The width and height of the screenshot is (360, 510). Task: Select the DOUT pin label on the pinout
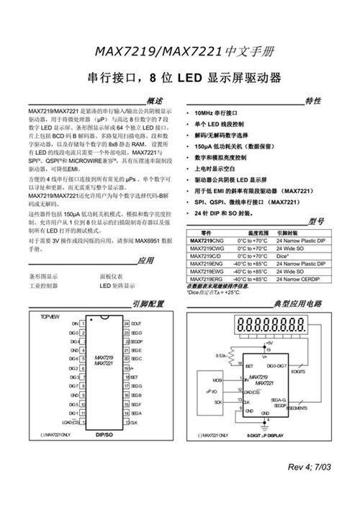coord(135,323)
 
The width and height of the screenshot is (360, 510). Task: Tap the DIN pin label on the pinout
coord(74,323)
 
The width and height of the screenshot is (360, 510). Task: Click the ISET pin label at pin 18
coord(135,377)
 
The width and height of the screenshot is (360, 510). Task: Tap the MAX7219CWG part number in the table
coord(206,246)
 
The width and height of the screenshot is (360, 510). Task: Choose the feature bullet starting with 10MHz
coord(216,114)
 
